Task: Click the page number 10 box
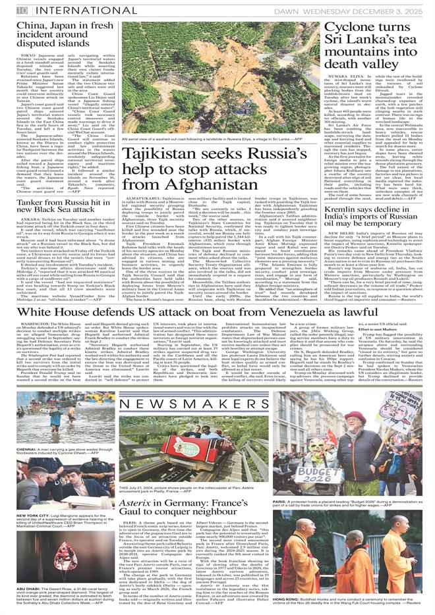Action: pos(22,9)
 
